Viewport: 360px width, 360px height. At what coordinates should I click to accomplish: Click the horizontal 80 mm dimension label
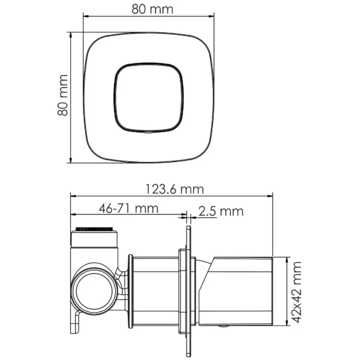[x=152, y=10]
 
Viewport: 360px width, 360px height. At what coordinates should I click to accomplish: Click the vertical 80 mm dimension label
[x=62, y=95]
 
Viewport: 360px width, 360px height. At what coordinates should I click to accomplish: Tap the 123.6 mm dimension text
[x=175, y=190]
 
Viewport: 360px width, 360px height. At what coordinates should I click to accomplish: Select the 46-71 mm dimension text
[x=128, y=208]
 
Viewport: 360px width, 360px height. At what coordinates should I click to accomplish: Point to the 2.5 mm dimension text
[x=221, y=211]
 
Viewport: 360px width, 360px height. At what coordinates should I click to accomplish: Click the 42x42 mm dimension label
[x=295, y=292]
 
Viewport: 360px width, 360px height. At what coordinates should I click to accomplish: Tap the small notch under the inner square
[x=149, y=132]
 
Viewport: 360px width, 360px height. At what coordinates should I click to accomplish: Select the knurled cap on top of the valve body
[x=94, y=229]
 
